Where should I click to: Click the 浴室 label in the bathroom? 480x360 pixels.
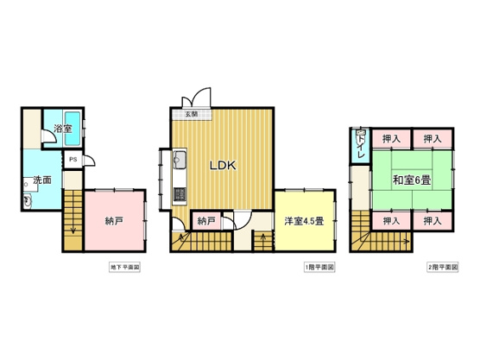pos(62,129)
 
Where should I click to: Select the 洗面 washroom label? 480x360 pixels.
pos(42,180)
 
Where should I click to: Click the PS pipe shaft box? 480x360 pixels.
pos(73,160)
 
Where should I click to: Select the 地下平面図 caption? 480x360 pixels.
pos(124,268)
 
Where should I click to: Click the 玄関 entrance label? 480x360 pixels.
pos(189,114)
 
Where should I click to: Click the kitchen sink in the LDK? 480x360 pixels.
pos(180,161)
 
